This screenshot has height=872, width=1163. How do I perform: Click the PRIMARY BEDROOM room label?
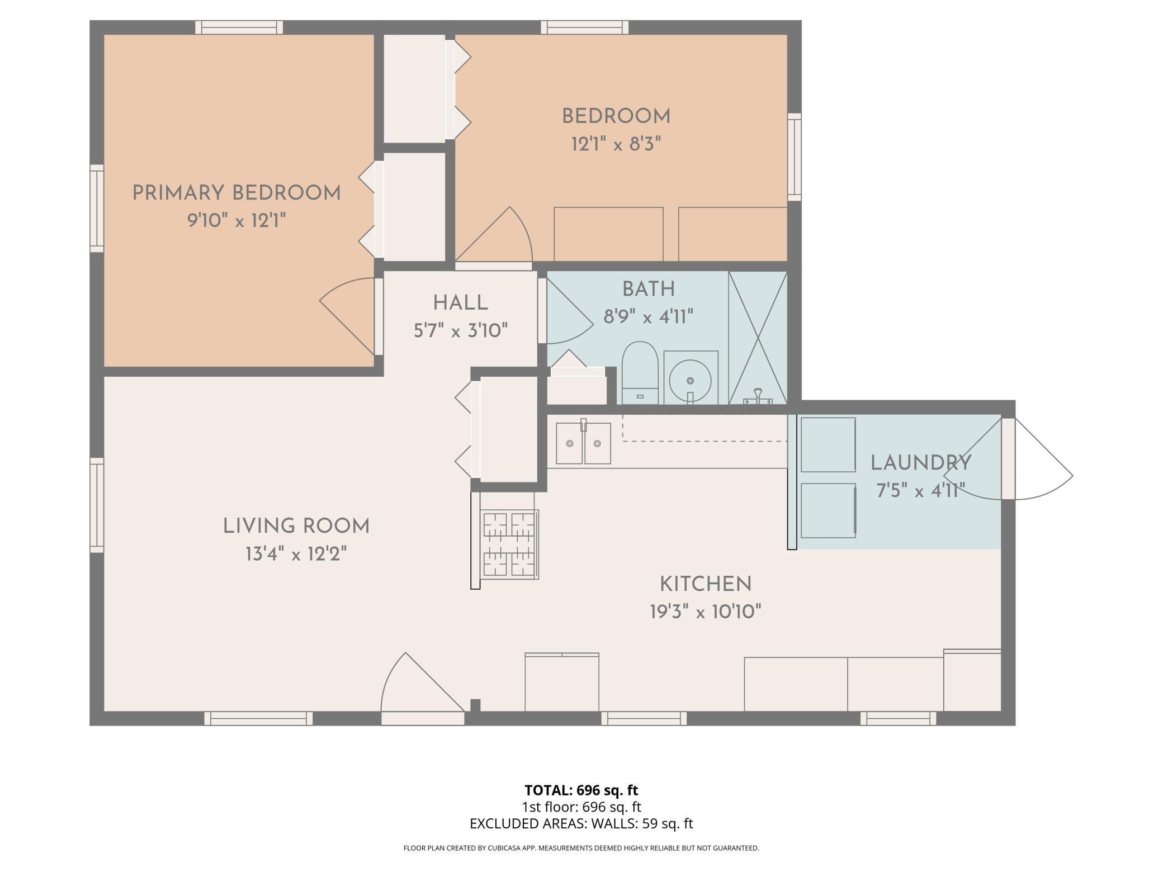[x=237, y=193]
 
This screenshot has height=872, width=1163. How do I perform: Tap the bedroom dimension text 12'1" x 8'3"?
[x=616, y=145]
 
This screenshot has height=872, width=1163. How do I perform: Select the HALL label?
[x=461, y=303]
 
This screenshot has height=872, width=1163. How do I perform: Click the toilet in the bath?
[x=640, y=372]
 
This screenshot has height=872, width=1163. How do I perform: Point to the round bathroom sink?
[x=691, y=380]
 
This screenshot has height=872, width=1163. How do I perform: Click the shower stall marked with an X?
[x=758, y=337]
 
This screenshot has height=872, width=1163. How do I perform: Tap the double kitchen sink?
[x=583, y=443]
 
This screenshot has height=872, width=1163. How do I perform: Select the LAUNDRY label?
[x=921, y=463]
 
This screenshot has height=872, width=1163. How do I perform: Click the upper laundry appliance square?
[x=828, y=445]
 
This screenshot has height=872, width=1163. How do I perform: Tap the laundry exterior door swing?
[x=1017, y=458]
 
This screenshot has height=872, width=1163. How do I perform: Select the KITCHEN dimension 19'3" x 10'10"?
[x=706, y=612]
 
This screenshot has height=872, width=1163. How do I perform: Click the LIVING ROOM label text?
[x=296, y=527]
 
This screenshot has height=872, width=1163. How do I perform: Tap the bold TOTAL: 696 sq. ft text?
[x=581, y=790]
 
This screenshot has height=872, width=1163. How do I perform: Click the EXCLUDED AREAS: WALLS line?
[x=581, y=823]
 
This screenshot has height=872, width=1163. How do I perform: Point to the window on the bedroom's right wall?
[x=795, y=157]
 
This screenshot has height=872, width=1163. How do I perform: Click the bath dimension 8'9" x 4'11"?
[x=649, y=317]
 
